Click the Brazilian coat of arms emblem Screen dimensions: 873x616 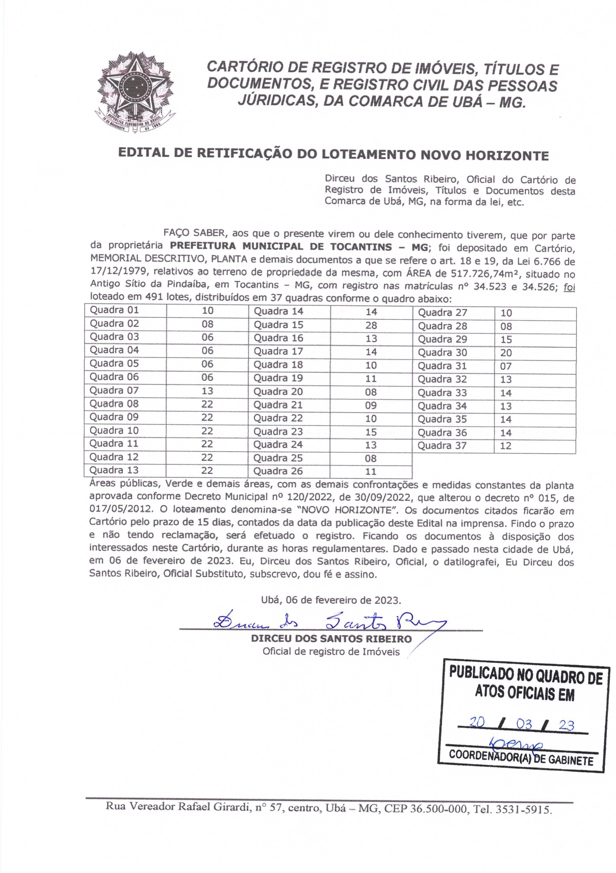(135, 92)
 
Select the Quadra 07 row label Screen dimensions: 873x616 (114, 391)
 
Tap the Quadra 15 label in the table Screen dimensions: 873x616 (278, 325)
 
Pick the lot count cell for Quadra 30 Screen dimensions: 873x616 (506, 353)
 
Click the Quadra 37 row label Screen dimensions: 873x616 (442, 446)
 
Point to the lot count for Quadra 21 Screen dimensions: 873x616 (371, 405)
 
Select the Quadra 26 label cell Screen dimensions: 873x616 (278, 471)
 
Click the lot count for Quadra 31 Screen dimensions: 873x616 (506, 366)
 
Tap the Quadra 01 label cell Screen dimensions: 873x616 (114, 310)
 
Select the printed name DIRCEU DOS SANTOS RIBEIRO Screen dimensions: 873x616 (331, 639)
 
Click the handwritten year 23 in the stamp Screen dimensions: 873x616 (566, 725)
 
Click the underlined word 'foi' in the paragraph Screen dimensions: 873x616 (569, 287)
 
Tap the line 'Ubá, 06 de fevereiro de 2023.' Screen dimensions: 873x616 (330, 600)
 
